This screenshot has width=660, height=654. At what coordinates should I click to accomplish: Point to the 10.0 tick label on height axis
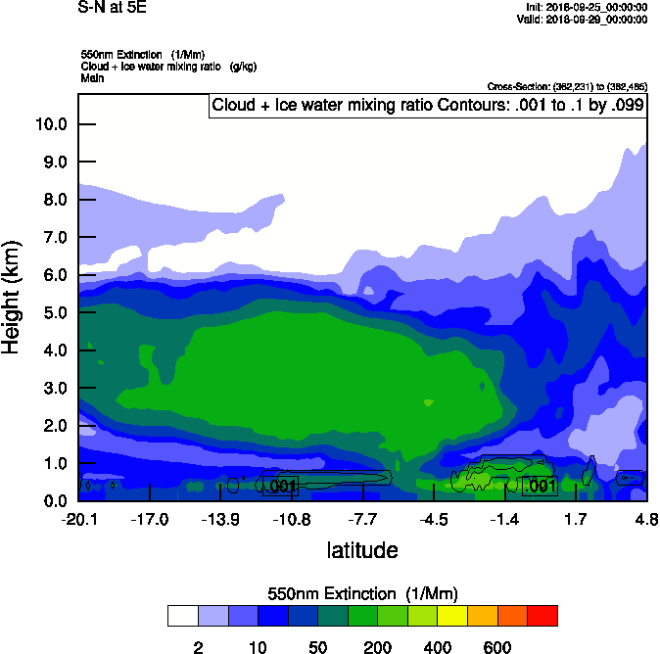tap(52, 124)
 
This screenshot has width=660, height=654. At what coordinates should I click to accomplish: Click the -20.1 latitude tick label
tap(78, 518)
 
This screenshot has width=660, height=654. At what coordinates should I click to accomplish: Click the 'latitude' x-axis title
tap(362, 550)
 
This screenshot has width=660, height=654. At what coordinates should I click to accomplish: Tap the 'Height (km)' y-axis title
tap(13, 299)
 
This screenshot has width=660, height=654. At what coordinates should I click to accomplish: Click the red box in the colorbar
tap(542, 616)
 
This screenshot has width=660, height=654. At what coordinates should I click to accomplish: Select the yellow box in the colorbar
tap(452, 616)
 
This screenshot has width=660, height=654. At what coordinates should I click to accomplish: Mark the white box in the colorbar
tap(182, 616)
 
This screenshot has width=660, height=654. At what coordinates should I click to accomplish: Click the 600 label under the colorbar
tap(497, 647)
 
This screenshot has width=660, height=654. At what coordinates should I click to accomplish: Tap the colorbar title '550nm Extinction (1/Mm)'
tap(362, 594)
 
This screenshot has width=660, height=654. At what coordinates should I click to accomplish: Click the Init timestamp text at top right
tap(586, 7)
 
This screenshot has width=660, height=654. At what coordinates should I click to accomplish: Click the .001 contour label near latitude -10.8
tap(281, 486)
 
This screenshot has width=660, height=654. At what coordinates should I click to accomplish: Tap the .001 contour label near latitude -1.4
tap(541, 486)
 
